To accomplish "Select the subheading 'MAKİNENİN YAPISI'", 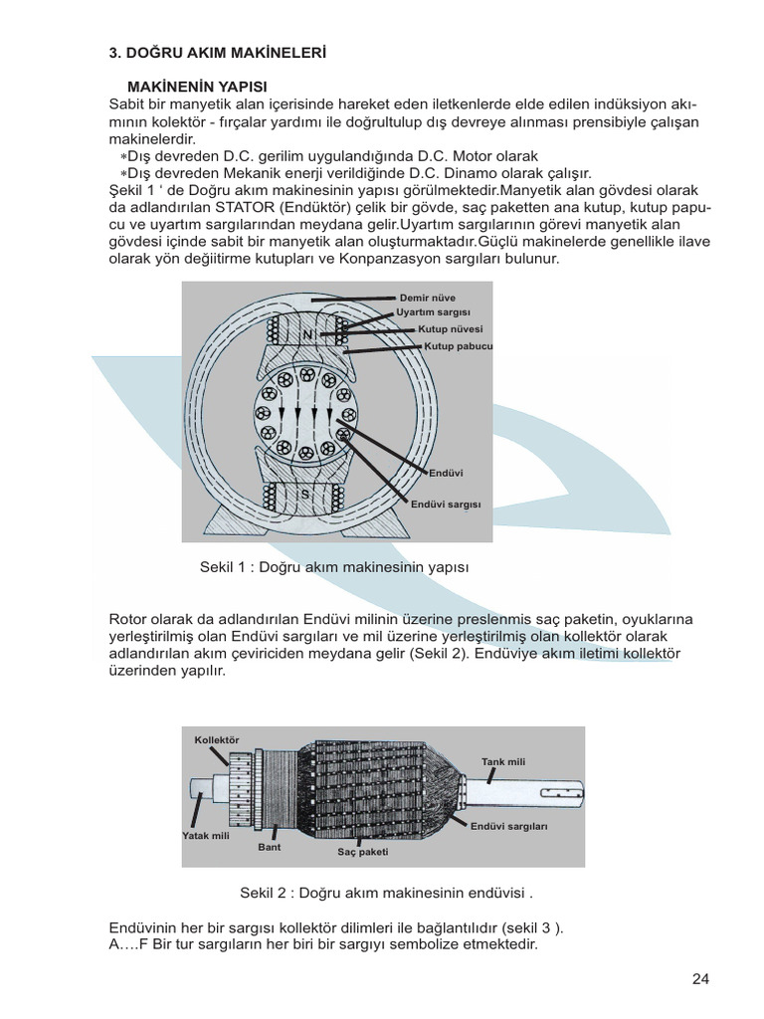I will tap(198, 88).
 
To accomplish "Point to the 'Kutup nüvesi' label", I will tap(450, 328).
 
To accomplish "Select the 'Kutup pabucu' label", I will tap(459, 346).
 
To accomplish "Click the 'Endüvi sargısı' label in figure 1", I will tap(446, 505).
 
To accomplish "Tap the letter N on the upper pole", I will tap(307, 336).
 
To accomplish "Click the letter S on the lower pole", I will tap(305, 495).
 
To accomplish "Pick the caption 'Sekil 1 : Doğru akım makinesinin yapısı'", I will tap(333, 566).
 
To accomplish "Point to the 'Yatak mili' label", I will tap(206, 836).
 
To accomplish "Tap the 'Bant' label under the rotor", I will tap(270, 847).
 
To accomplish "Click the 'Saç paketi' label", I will tap(363, 853).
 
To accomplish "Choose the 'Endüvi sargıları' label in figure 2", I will tap(509, 826).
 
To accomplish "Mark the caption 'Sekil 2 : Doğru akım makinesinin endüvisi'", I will tap(393, 892).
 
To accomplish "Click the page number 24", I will tap(700, 978).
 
